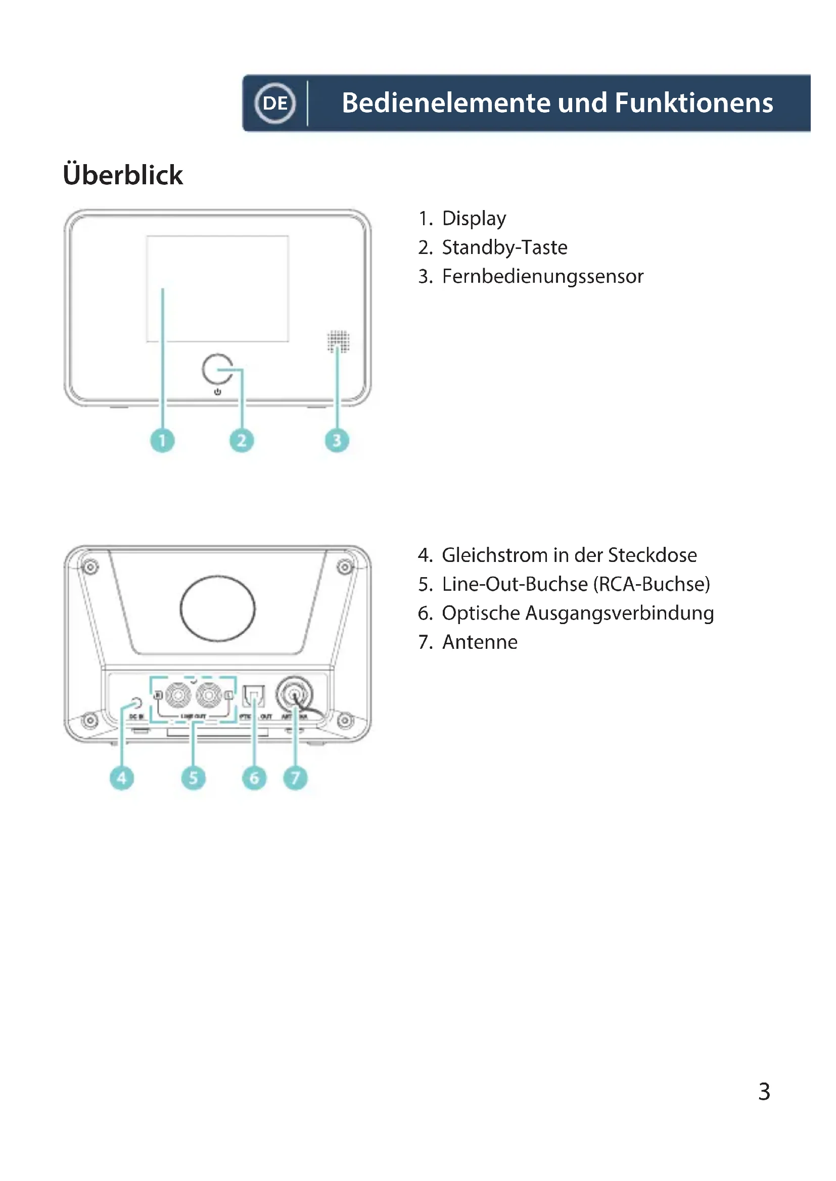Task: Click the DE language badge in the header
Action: click(275, 103)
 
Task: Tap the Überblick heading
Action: click(122, 175)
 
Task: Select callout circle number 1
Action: click(162, 440)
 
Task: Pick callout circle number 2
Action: click(242, 440)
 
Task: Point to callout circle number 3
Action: click(337, 440)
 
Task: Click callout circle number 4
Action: click(121, 778)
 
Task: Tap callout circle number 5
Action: click(193, 778)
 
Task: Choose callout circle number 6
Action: click(254, 778)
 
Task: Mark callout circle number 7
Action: click(295, 778)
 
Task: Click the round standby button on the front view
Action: click(217, 369)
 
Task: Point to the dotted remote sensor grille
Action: click(338, 341)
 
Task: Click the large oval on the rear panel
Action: click(217, 608)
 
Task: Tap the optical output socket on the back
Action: click(254, 695)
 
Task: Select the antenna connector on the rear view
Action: click(294, 695)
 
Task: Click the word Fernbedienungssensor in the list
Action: click(542, 277)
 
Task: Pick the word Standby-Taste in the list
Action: click(504, 247)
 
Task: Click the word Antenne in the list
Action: click(480, 642)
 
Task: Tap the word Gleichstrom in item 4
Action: click(494, 555)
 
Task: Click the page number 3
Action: click(764, 1092)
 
